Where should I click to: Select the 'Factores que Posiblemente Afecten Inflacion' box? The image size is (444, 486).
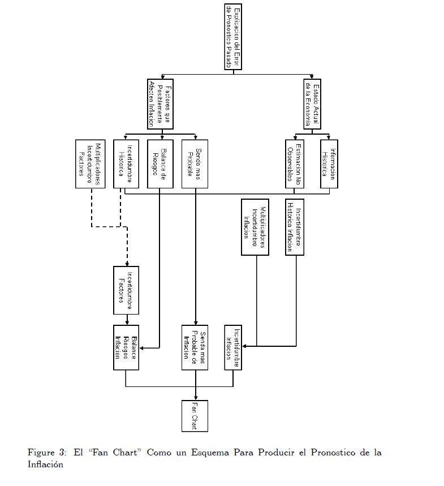(x=159, y=104)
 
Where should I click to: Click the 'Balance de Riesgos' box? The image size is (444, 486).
(x=159, y=164)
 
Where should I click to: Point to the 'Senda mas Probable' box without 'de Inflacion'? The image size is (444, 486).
(x=195, y=164)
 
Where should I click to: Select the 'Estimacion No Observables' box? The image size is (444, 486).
(x=295, y=164)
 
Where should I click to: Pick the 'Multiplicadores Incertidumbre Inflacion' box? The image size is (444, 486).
(x=255, y=227)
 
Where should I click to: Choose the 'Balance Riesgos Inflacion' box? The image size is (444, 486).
(x=126, y=347)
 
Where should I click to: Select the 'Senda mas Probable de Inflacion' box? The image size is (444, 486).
(x=195, y=347)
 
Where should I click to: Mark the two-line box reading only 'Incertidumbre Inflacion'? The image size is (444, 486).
(x=233, y=347)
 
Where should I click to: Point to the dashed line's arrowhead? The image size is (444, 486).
(x=126, y=263)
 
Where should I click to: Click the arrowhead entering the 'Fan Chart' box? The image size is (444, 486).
(x=195, y=397)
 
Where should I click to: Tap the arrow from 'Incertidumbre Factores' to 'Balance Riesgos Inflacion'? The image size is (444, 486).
(x=126, y=320)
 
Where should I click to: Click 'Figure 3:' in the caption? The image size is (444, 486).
(x=47, y=453)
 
